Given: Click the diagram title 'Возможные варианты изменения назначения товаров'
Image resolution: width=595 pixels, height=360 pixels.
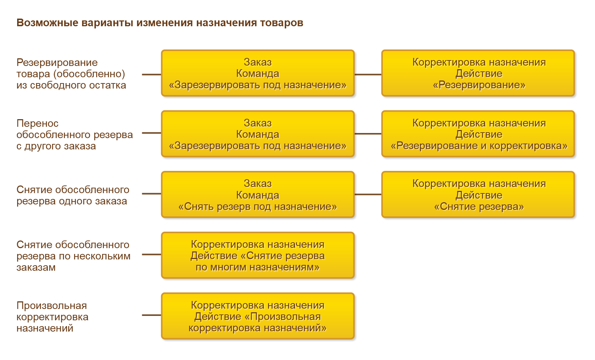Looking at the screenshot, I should click(x=160, y=23).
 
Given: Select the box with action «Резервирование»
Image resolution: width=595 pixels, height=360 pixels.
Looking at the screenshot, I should click(x=478, y=73).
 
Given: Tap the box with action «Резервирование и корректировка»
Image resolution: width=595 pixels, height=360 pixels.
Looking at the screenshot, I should click(x=478, y=134).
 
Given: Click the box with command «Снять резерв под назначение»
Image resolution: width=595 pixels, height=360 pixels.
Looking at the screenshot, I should click(x=258, y=195).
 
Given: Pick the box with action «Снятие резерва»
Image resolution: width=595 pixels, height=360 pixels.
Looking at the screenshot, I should click(x=478, y=195).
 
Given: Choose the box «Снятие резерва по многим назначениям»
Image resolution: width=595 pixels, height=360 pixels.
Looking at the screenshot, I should click(x=258, y=255).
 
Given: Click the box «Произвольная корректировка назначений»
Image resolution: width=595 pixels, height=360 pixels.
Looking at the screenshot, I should click(x=258, y=316).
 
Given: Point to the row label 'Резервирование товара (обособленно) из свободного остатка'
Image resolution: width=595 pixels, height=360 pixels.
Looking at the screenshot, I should click(x=71, y=74).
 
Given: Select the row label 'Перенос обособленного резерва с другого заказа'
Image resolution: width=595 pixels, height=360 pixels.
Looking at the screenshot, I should click(x=74, y=135).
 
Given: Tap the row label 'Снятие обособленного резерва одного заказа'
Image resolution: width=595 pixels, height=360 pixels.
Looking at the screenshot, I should click(x=73, y=195).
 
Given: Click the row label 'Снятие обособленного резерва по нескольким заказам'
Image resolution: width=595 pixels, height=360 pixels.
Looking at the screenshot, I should click(x=73, y=256).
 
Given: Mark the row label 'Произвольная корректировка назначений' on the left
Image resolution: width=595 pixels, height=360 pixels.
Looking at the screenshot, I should click(x=52, y=317).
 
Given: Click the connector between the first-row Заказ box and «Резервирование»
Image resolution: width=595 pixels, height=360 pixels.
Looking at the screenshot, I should click(x=368, y=75).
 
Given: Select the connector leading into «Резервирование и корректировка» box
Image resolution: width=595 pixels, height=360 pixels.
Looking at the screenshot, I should click(x=368, y=134).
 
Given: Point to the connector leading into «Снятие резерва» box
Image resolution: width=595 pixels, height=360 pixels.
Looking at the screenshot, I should click(x=368, y=194).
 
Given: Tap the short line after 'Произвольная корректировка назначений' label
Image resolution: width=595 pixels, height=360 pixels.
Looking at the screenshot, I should click(x=151, y=315).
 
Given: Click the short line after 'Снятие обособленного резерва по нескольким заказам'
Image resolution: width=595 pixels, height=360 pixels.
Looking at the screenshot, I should click(x=151, y=254).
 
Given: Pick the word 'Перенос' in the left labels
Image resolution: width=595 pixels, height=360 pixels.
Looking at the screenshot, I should click(x=38, y=124).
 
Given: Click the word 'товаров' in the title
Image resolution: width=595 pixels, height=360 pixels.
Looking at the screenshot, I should click(x=281, y=23).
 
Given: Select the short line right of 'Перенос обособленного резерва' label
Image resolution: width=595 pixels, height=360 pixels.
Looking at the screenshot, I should click(x=151, y=133).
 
